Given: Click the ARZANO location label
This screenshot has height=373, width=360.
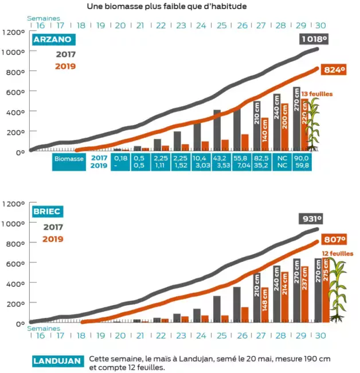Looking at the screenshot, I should (52, 39).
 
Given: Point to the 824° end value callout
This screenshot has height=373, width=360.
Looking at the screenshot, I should (334, 69).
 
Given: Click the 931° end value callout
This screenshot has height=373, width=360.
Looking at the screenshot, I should (312, 219).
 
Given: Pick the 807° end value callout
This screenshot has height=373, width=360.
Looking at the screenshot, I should (335, 240).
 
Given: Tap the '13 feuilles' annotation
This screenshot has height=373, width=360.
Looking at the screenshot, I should (317, 94).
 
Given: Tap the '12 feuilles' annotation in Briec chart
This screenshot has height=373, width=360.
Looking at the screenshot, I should (338, 253).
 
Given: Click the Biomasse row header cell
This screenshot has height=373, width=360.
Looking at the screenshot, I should (69, 161).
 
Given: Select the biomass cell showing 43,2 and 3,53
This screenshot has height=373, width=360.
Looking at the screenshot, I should (221, 161).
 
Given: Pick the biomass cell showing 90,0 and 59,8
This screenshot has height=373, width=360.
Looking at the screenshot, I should (301, 161).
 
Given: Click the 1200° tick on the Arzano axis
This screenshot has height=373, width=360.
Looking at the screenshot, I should (13, 32).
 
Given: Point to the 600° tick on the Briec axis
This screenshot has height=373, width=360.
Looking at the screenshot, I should (14, 263).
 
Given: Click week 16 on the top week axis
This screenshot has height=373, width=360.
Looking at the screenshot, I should (41, 25).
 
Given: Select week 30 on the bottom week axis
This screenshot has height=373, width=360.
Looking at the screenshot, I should (321, 335).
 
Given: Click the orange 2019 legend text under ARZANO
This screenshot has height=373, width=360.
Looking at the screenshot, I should (65, 66).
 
